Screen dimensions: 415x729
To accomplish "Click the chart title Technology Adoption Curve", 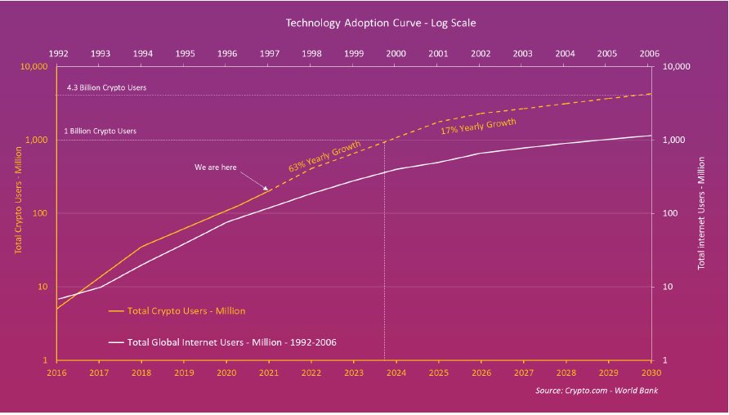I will point(364,23).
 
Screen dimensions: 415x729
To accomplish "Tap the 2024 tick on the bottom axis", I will point(396,372).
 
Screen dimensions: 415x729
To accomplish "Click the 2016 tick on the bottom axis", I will point(56,372).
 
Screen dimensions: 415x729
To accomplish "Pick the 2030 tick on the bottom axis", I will point(651,372).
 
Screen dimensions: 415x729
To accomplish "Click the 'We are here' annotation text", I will point(216,167).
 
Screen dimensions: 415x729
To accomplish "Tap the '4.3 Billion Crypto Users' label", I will point(106,87).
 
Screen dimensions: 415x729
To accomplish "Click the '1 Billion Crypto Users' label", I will point(100,131).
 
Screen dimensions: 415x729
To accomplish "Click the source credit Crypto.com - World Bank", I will point(597,391).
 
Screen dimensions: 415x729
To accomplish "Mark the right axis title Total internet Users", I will point(701,214).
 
